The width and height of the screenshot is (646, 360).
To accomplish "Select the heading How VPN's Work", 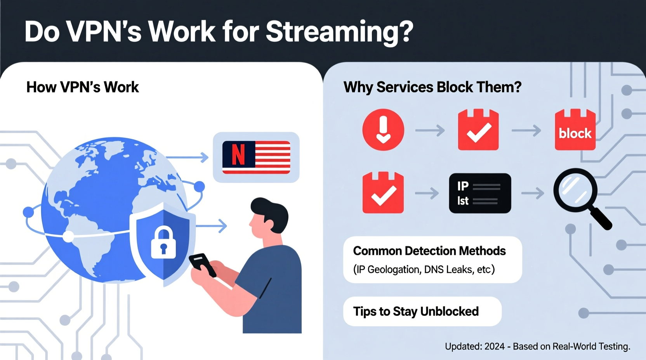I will point(82,87).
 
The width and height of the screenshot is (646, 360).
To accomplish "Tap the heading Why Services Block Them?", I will point(432,87).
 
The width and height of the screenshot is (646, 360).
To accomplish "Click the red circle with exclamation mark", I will point(383,130).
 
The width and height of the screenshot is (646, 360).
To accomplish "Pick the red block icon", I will point(575,130).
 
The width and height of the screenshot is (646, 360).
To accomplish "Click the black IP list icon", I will point(480,193).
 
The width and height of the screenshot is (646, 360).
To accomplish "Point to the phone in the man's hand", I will point(202,264).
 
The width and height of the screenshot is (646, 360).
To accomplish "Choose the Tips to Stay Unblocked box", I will point(422,312).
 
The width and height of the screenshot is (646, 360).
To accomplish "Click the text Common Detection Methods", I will point(429,251).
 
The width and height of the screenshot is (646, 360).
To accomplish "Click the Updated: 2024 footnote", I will point(537,346).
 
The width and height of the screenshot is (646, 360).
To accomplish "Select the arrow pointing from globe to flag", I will point(187,157).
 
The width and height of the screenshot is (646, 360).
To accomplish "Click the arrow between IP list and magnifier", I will point(533,193).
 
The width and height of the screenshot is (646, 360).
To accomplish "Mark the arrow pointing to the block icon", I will point(526,130).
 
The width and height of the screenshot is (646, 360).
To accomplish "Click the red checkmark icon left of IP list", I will point(383,193).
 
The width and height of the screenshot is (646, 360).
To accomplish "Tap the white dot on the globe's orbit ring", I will point(68,236).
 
